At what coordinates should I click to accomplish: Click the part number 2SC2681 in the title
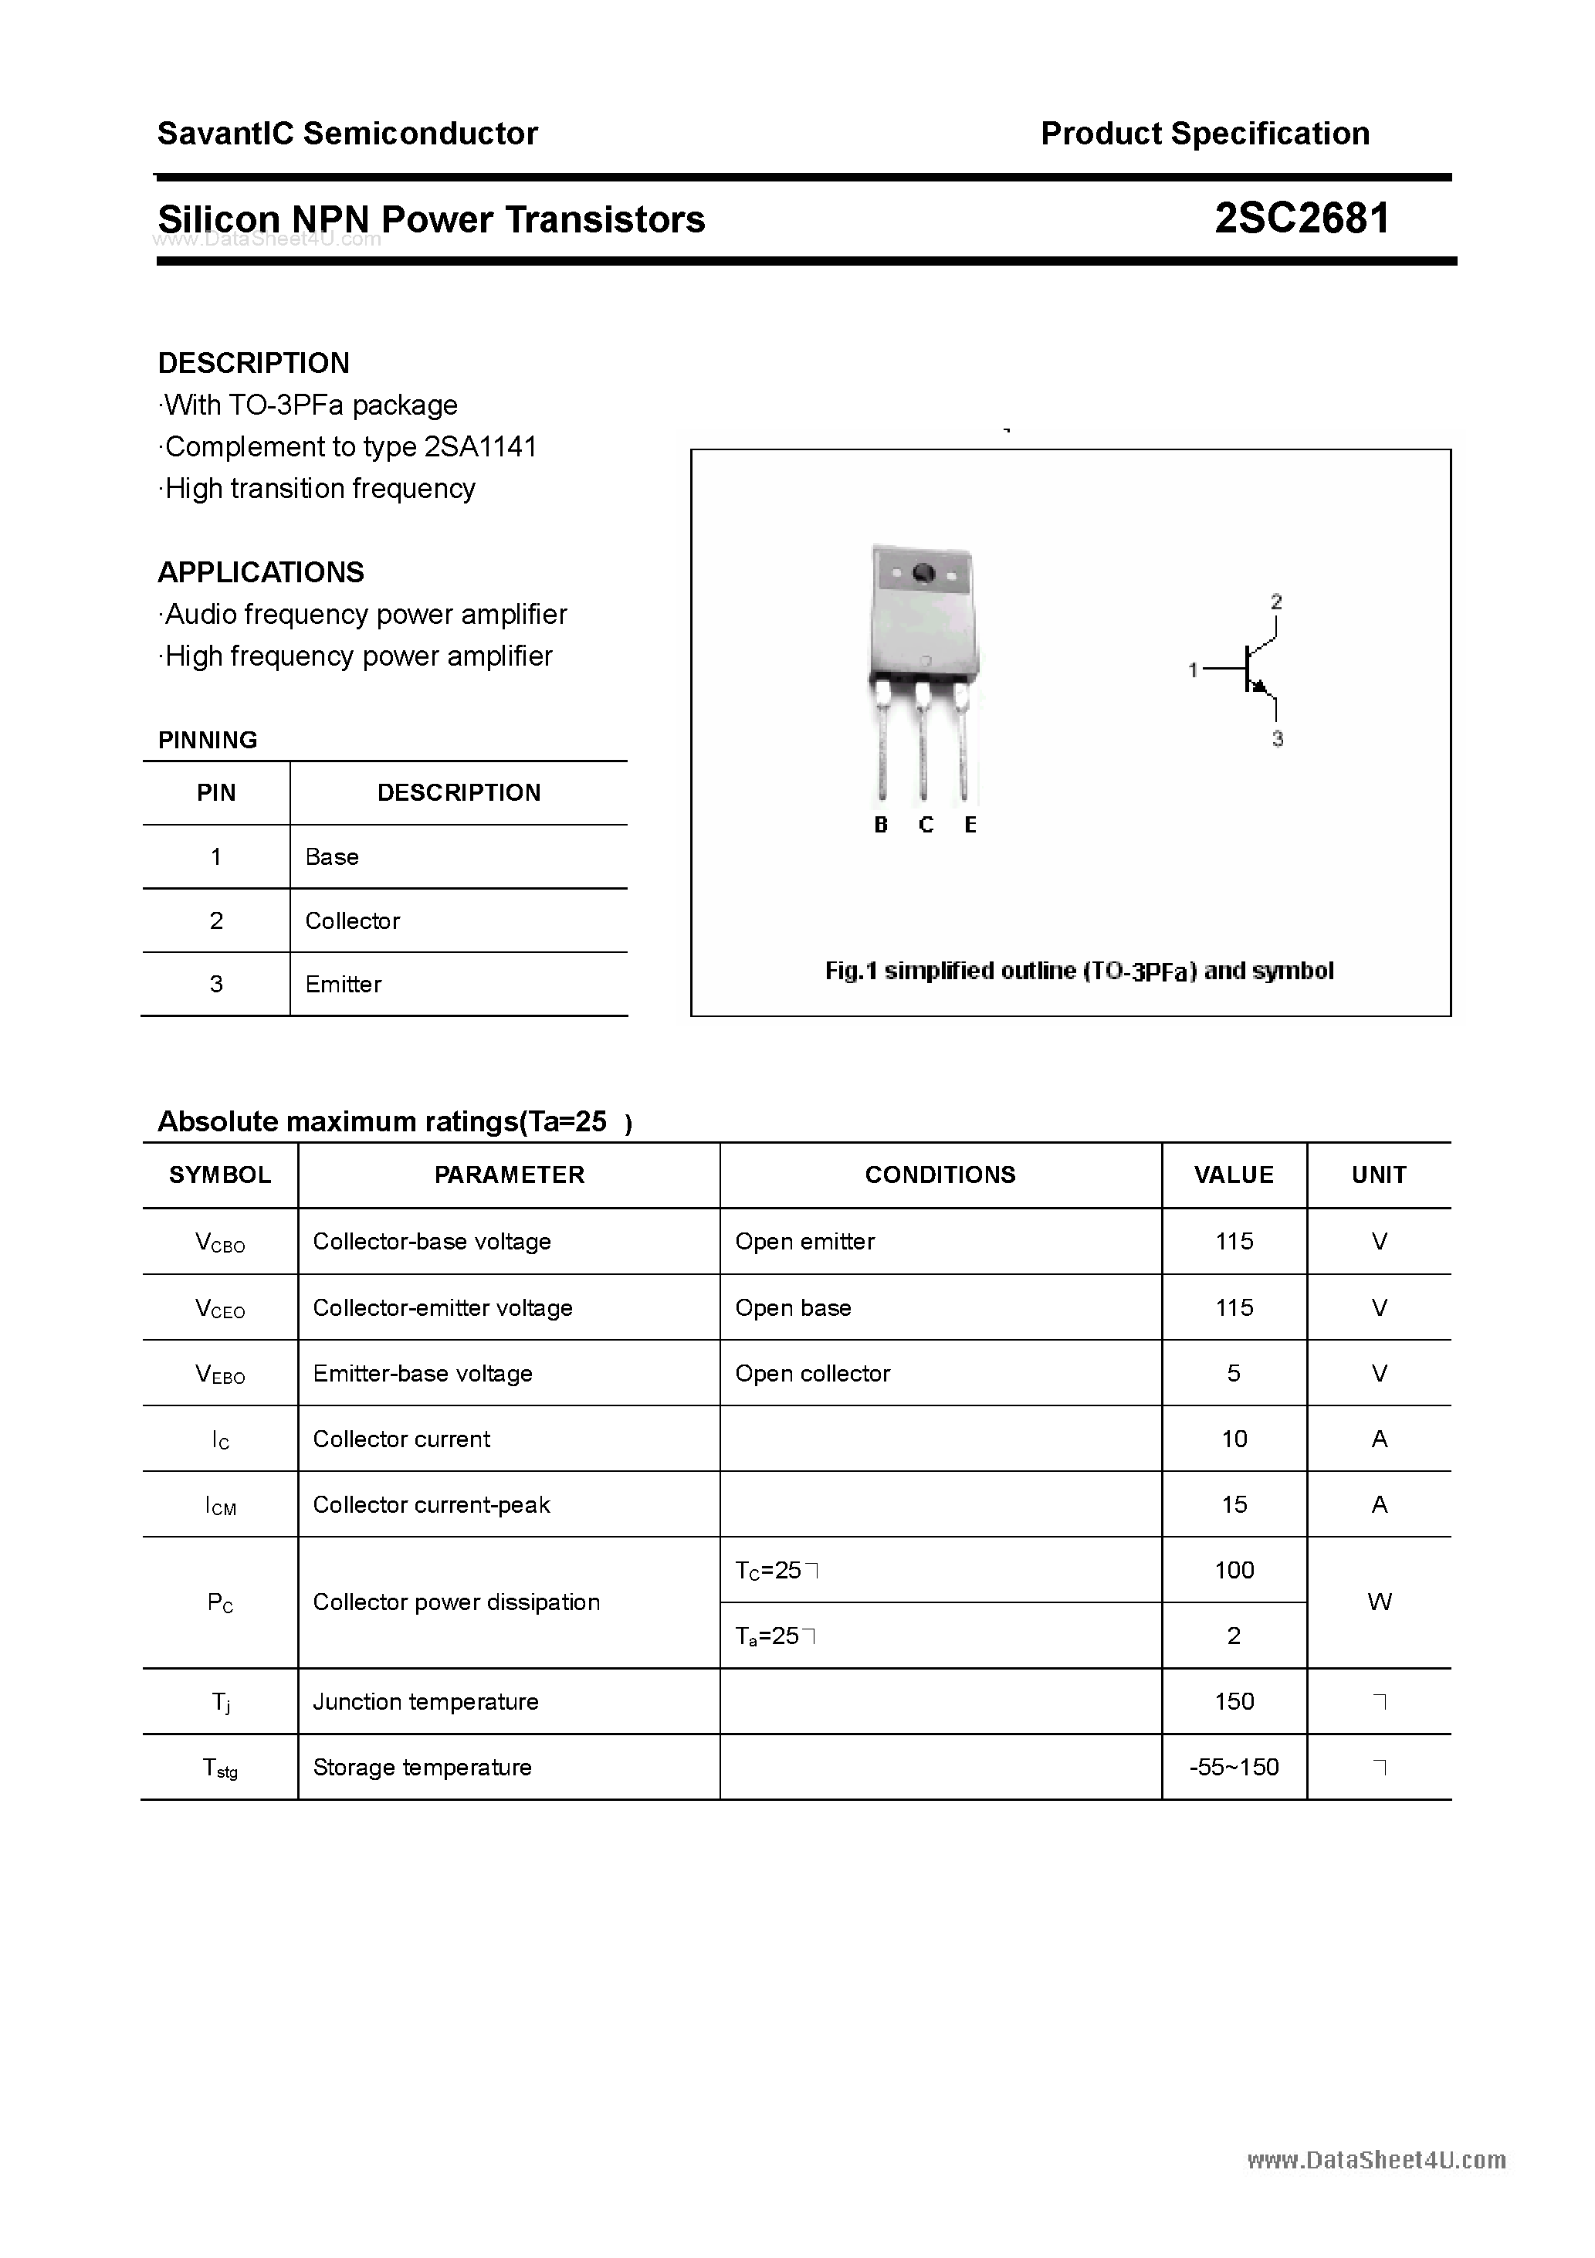click(x=1301, y=219)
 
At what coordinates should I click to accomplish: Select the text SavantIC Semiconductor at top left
click(x=347, y=133)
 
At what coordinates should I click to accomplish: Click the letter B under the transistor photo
click(x=880, y=825)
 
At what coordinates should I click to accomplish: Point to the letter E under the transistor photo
click(x=970, y=825)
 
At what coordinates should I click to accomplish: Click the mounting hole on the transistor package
click(x=923, y=572)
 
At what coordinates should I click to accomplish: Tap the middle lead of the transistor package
click(x=923, y=748)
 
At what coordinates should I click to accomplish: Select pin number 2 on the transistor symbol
click(x=1275, y=601)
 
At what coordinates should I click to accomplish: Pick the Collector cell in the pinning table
click(x=352, y=920)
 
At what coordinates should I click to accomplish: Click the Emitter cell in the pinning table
click(x=344, y=985)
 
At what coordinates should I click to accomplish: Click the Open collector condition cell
click(x=812, y=1373)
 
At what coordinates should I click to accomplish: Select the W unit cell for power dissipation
click(x=1379, y=1602)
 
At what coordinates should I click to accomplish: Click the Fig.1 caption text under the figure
click(x=1079, y=971)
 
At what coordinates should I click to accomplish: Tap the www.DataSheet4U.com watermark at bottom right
click(x=1376, y=2161)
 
